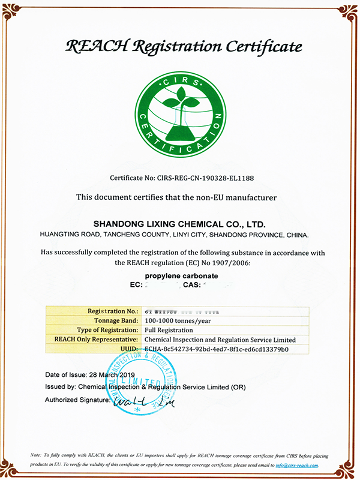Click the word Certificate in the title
click(x=254, y=46)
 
